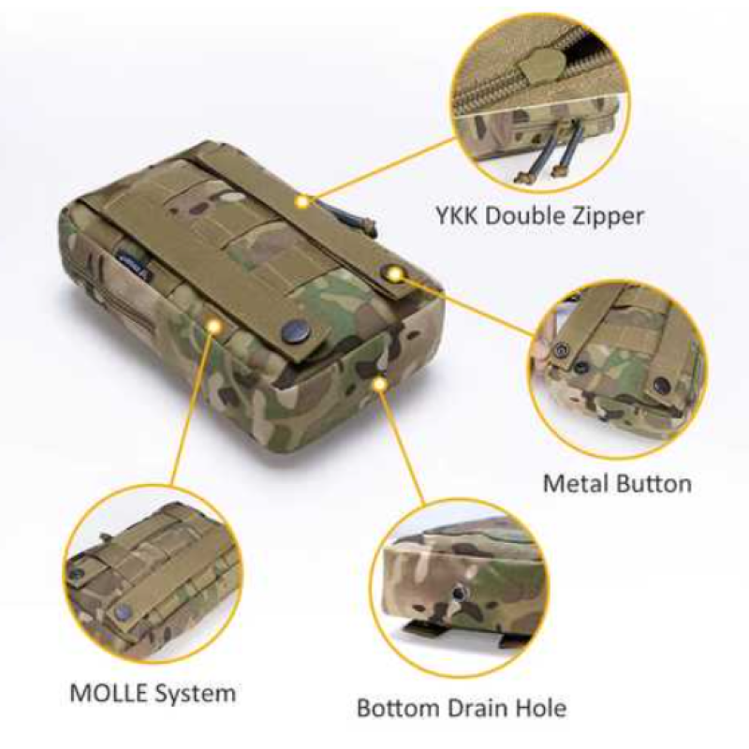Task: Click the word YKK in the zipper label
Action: (456, 215)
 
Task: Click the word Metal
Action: (575, 483)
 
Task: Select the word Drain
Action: (472, 708)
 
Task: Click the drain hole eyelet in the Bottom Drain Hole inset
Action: (458, 594)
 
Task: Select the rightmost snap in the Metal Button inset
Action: (662, 383)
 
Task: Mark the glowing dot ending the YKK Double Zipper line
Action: (301, 202)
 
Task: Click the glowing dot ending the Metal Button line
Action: (395, 273)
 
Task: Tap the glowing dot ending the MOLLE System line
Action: (213, 325)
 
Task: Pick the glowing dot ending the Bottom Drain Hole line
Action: (380, 384)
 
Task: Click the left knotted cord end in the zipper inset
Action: (523, 179)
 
